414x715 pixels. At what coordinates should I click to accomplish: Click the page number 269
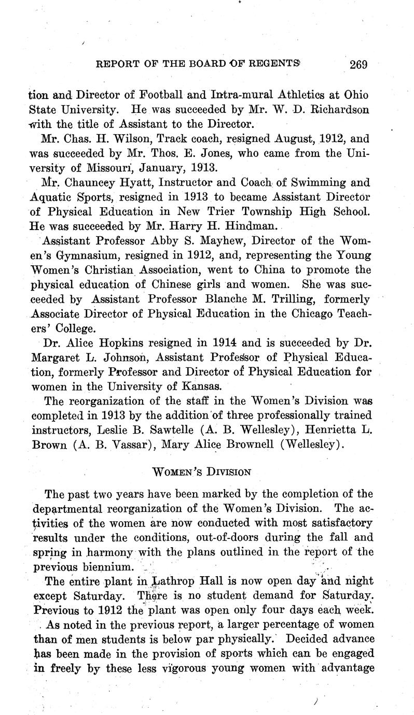[x=358, y=65]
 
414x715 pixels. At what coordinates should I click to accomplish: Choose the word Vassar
[x=121, y=445]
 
